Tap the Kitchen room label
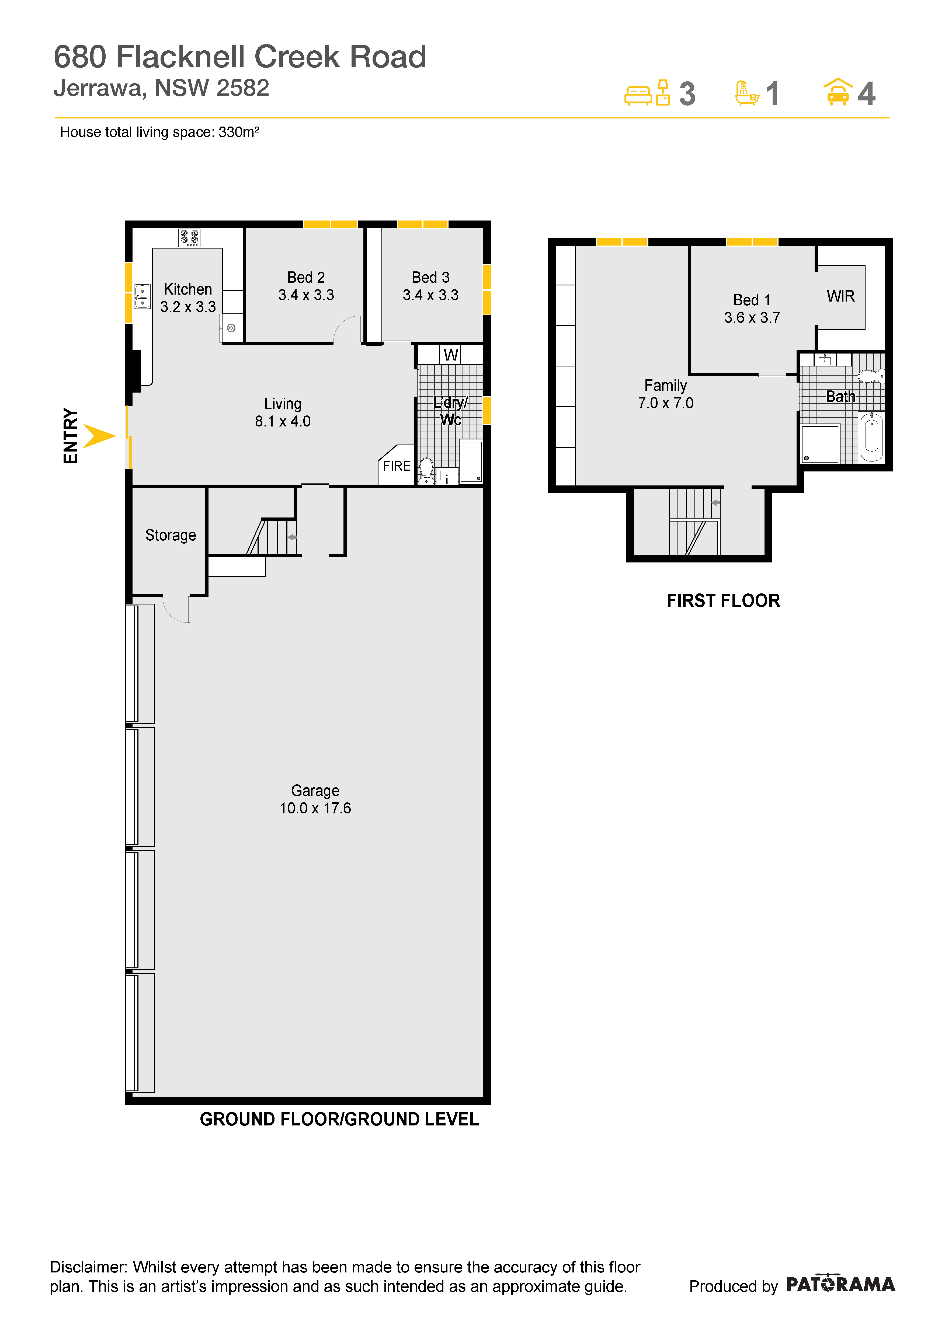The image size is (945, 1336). tap(187, 289)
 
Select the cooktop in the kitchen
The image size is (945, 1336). tap(189, 237)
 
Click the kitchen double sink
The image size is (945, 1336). tap(142, 296)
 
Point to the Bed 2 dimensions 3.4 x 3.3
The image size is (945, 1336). tap(306, 295)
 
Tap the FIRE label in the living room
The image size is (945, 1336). tap(397, 466)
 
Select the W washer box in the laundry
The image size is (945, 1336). tap(451, 355)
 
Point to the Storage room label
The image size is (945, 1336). tap(171, 535)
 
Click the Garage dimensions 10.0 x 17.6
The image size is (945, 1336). tap(315, 808)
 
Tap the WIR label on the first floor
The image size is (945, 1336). tap(841, 296)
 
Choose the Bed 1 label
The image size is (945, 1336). tap(752, 300)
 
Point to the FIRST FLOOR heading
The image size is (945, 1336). tap(723, 600)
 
